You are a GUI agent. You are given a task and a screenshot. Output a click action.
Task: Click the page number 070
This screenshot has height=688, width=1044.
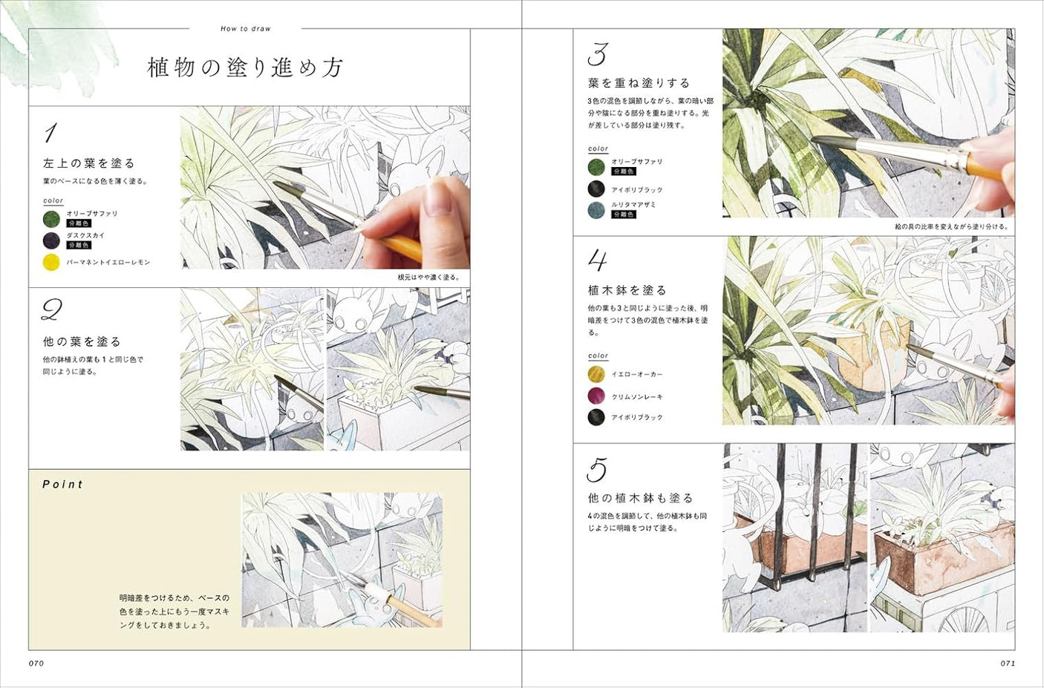36,663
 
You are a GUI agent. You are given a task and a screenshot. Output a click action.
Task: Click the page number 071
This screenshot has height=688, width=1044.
1008,663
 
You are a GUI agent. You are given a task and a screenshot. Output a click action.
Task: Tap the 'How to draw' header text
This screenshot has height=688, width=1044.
246,29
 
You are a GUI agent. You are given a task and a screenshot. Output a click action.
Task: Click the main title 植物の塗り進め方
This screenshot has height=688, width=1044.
245,68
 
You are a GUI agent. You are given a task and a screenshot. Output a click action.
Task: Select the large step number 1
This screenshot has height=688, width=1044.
50,134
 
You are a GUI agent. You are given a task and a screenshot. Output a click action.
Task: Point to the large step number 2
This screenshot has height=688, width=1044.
51,309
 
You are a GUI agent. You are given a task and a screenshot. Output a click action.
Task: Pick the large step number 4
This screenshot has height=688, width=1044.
598,261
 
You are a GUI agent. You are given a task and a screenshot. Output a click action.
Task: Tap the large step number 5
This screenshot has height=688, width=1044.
597,470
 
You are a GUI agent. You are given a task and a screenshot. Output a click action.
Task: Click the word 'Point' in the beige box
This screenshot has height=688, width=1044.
63,484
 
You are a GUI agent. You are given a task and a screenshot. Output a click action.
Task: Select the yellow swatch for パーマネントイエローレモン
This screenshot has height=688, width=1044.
51,262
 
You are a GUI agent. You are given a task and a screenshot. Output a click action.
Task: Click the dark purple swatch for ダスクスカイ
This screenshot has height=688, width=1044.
51,240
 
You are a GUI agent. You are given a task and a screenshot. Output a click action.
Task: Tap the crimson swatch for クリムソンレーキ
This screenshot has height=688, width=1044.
596,396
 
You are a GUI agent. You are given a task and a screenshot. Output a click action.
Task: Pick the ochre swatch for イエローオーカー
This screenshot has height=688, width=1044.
596,374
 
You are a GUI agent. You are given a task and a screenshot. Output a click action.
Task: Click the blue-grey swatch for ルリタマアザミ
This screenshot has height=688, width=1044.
596,210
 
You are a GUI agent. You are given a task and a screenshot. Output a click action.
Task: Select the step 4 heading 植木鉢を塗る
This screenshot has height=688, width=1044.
627,290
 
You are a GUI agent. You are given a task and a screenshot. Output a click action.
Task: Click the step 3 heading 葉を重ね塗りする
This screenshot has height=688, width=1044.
639,83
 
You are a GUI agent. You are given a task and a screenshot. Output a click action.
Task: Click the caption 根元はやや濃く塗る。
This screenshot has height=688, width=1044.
428,278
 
